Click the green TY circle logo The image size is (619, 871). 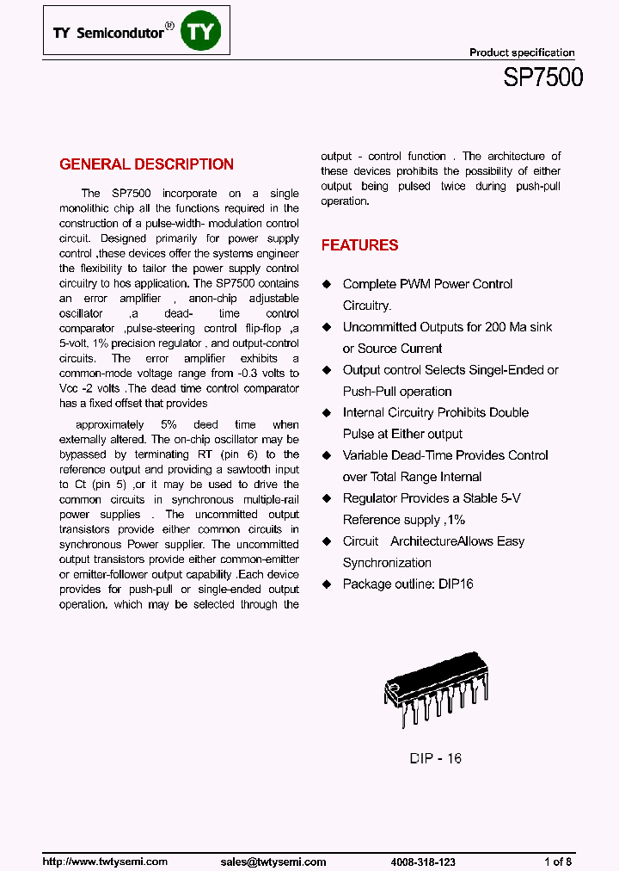point(204,33)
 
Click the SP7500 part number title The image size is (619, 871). point(543,77)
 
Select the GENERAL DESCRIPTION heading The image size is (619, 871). point(146,164)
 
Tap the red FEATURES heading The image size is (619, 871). point(359,245)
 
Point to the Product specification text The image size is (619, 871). point(522,53)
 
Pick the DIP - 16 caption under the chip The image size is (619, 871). point(435,758)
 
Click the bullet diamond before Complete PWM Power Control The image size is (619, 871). point(327,284)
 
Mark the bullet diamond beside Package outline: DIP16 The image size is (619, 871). point(327,584)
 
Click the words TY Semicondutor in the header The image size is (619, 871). point(108,33)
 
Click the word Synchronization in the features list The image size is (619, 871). point(387,563)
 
